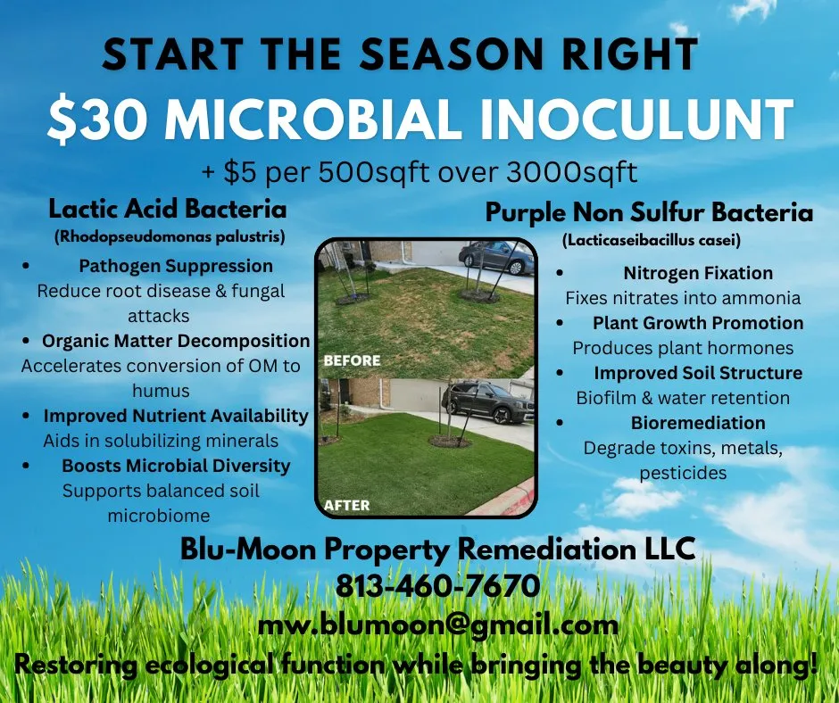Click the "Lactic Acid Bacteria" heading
(x=168, y=210)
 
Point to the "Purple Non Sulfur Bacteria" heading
(x=649, y=213)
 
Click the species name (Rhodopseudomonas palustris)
(x=168, y=236)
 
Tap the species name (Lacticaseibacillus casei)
(x=652, y=241)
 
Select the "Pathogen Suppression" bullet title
(x=176, y=266)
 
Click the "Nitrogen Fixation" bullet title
(x=698, y=273)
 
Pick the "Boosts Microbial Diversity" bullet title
(x=176, y=466)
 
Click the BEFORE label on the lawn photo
(x=352, y=361)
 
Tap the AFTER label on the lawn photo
(x=347, y=505)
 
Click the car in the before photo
(x=495, y=257)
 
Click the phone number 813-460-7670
(x=437, y=586)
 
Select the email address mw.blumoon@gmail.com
(x=437, y=624)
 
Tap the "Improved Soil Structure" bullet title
(x=698, y=373)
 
